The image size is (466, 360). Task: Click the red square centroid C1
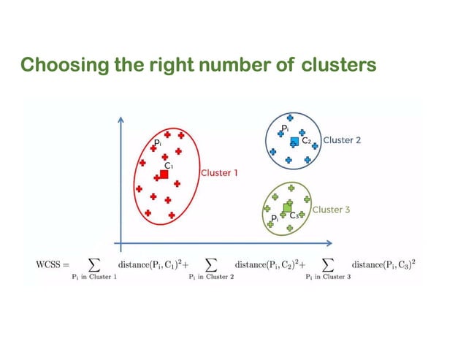(164, 175)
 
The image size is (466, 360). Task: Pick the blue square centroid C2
(294, 141)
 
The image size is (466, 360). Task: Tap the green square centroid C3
(287, 207)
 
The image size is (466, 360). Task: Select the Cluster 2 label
(342, 140)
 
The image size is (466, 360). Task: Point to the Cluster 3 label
(332, 210)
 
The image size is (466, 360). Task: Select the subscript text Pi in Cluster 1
(99, 277)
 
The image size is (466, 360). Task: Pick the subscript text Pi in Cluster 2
(211, 277)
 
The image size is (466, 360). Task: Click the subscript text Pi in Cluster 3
(328, 277)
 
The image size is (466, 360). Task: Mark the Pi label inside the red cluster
(157, 142)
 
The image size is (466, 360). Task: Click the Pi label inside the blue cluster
(285, 129)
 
